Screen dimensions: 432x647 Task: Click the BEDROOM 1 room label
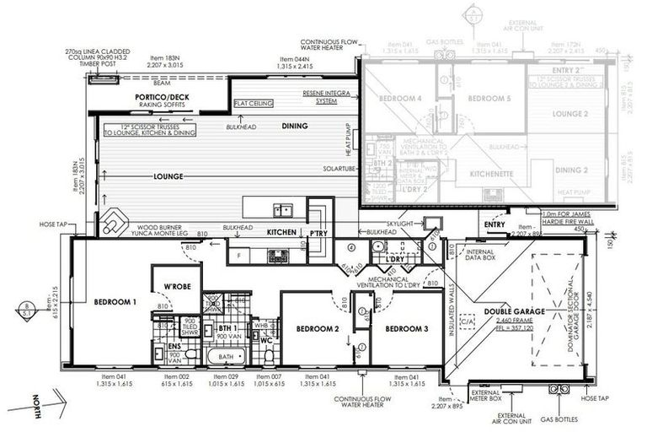pos(115,302)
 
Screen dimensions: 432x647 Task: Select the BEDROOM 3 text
pos(408,327)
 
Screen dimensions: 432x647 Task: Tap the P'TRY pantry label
pos(318,232)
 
